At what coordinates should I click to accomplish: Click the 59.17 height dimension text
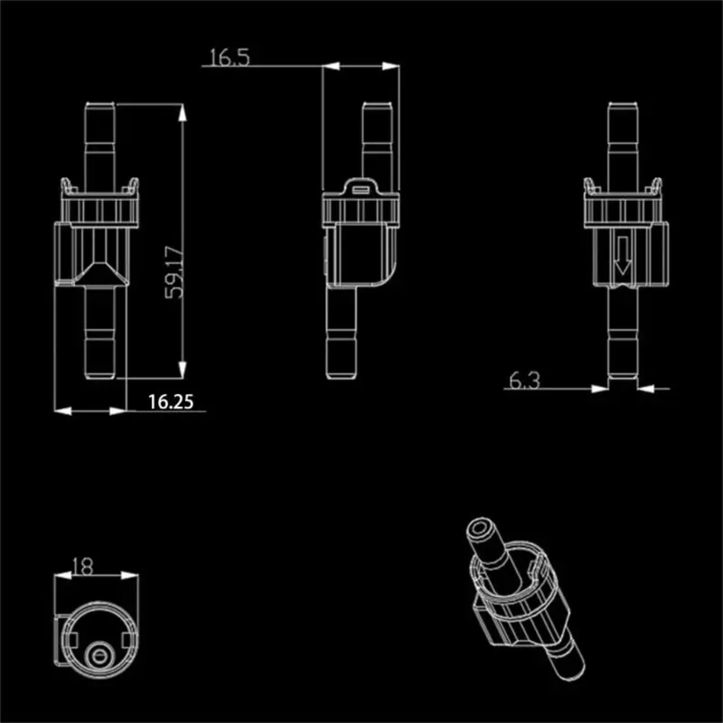point(174,272)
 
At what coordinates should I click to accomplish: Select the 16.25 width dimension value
point(171,402)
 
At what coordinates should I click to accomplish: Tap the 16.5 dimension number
point(229,57)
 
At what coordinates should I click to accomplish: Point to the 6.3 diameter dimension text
point(525,381)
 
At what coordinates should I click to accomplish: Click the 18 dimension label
point(82,567)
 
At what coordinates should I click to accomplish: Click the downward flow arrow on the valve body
point(623,255)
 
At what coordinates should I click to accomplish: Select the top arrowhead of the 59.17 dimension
point(182,113)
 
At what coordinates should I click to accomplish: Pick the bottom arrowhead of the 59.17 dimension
point(182,370)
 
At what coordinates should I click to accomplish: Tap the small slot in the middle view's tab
point(361,190)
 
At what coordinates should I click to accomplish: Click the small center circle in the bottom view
point(100,655)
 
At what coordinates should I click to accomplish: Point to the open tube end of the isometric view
point(480,529)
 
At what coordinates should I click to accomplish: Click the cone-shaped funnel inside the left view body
point(100,272)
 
